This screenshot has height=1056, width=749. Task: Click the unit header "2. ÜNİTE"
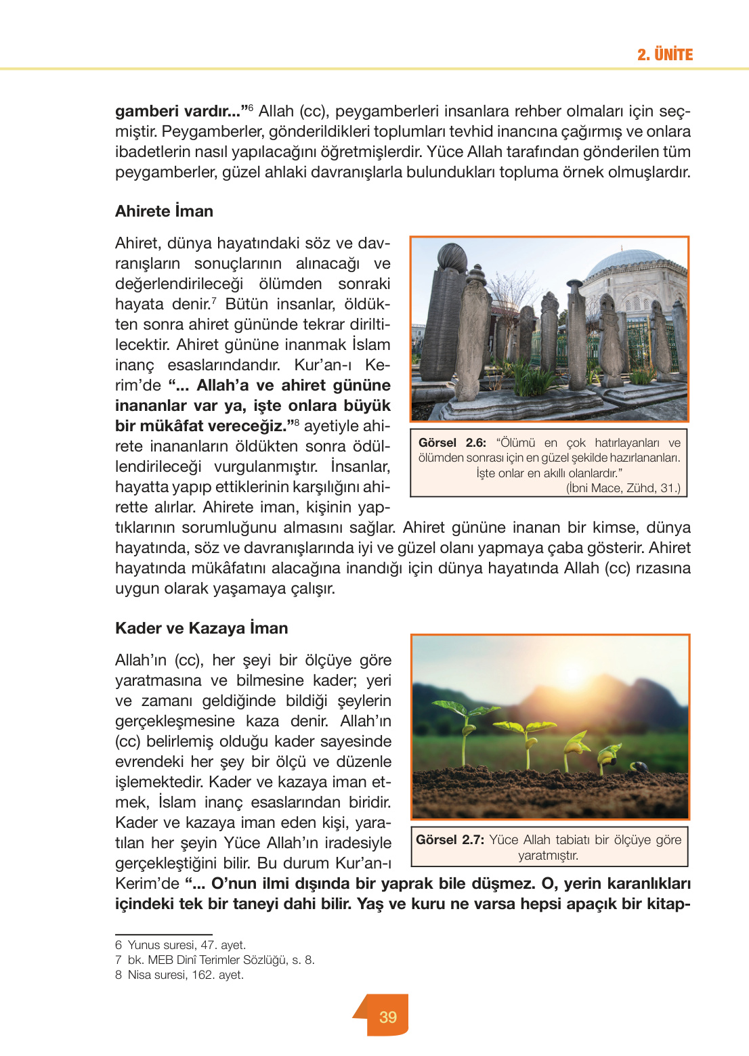point(664,55)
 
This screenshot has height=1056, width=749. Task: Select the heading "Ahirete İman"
point(164,211)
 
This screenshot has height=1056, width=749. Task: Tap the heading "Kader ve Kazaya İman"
point(201,628)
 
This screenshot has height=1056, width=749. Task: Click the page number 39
point(388,1017)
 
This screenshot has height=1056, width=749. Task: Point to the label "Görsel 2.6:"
point(452,443)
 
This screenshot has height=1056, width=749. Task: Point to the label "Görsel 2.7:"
point(450,840)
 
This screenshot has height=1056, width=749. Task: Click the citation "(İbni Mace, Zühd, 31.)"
point(623,488)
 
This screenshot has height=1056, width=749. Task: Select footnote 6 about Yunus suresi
point(181,945)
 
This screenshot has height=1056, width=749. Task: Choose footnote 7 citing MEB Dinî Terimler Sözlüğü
point(215,960)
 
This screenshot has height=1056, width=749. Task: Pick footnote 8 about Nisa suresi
point(179,975)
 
